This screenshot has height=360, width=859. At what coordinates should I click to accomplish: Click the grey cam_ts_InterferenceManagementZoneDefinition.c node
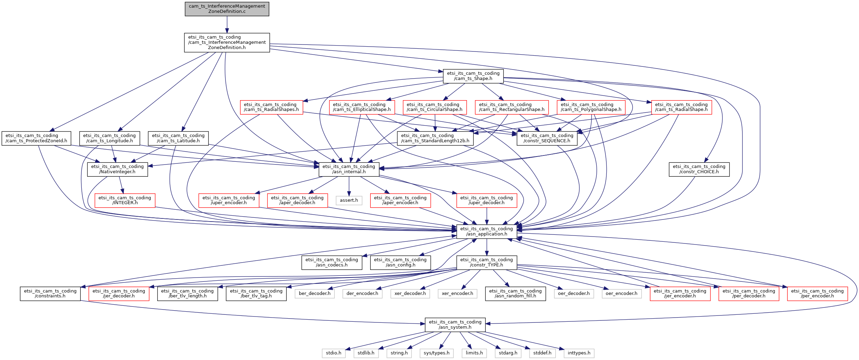click(x=227, y=9)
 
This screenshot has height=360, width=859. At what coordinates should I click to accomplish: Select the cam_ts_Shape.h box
click(x=473, y=76)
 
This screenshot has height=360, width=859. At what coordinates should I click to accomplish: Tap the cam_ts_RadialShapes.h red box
click(x=271, y=107)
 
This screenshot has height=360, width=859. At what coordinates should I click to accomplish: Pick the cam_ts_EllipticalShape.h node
click(x=362, y=107)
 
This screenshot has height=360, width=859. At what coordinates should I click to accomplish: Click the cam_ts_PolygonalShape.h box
click(x=591, y=107)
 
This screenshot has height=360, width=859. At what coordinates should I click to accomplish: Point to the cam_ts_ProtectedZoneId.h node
click(x=36, y=138)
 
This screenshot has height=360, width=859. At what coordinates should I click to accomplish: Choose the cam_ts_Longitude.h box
click(x=110, y=138)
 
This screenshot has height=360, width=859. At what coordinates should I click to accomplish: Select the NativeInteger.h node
click(x=117, y=169)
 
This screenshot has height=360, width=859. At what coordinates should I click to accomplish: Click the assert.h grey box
click(x=349, y=200)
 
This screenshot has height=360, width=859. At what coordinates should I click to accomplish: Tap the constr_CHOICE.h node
click(x=699, y=169)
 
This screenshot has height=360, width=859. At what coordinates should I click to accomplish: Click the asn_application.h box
click(x=486, y=231)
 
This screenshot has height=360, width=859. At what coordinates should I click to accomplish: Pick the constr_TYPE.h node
click(x=486, y=263)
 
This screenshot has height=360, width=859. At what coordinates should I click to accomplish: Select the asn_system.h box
click(x=455, y=325)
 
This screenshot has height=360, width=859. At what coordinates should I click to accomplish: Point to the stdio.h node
click(x=334, y=353)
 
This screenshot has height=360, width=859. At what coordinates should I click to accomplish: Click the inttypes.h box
click(x=579, y=353)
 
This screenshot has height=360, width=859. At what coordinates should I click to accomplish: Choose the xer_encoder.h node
click(x=458, y=294)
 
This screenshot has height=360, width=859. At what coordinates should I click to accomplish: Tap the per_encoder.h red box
click(x=817, y=294)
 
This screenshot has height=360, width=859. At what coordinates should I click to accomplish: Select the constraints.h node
click(x=50, y=294)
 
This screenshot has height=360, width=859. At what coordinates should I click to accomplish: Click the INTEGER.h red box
click(x=125, y=200)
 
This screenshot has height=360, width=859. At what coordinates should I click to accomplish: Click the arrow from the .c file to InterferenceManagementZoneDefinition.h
click(x=227, y=24)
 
